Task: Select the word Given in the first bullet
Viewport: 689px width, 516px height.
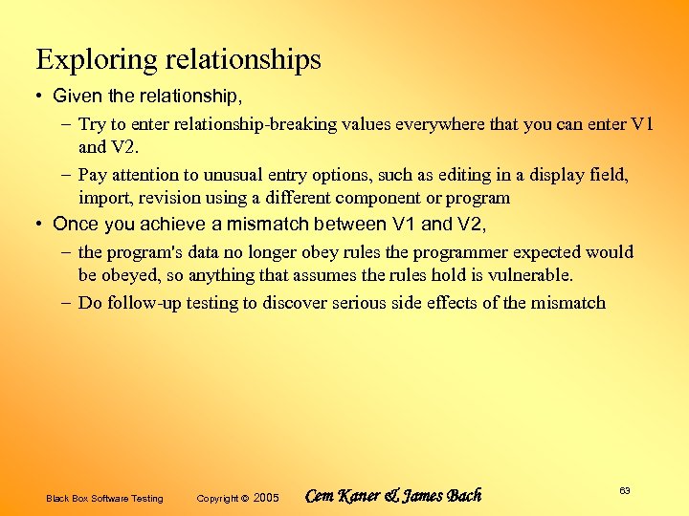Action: (x=73, y=96)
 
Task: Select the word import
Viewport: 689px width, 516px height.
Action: (x=104, y=199)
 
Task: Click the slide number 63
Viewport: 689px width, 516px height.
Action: (x=624, y=490)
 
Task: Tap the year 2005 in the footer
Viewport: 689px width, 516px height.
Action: (x=267, y=498)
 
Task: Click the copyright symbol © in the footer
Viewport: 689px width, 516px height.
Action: (x=245, y=498)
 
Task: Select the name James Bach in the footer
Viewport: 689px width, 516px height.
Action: (x=445, y=496)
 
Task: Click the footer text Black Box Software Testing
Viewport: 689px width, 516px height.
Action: (x=104, y=498)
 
